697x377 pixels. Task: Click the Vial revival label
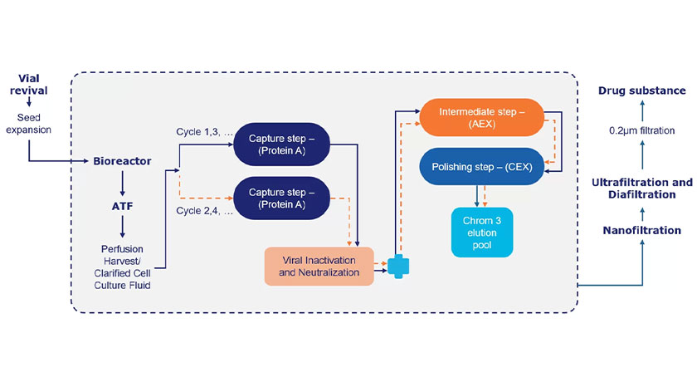[x=29, y=84]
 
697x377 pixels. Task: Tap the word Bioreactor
[x=122, y=160]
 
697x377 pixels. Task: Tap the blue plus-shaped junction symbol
[x=399, y=266]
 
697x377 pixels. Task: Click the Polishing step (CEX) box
[x=482, y=167]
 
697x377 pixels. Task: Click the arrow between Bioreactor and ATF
[x=122, y=181]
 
